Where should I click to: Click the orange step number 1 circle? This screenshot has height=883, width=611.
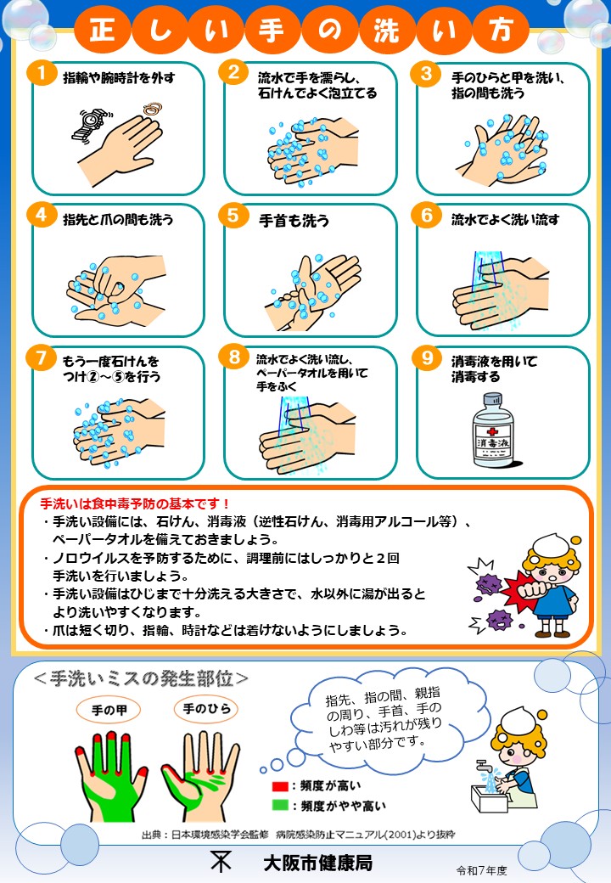pyautogui.click(x=42, y=73)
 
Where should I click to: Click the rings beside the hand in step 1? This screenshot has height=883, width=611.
pyautogui.click(x=152, y=109)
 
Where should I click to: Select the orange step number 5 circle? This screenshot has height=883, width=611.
pyautogui.click(x=233, y=216)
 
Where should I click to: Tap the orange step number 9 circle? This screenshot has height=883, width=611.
pyautogui.click(x=427, y=358)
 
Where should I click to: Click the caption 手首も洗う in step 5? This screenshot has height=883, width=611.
pyautogui.click(x=294, y=221)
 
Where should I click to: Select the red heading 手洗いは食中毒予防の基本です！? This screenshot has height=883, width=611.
pyautogui.click(x=135, y=503)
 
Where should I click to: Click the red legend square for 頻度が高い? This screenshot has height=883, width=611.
pyautogui.click(x=280, y=786)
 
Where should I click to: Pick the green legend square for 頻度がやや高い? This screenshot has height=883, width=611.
pyautogui.click(x=280, y=805)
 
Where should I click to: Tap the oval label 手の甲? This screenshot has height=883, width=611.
pyautogui.click(x=109, y=710)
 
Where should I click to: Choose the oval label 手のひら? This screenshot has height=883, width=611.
pyautogui.click(x=206, y=708)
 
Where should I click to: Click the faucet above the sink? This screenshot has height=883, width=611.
pyautogui.click(x=483, y=767)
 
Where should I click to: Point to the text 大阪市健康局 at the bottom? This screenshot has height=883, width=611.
pyautogui.click(x=318, y=863)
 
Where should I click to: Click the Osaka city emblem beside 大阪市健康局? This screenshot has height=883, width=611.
pyautogui.click(x=221, y=860)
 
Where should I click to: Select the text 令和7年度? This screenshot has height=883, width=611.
pyautogui.click(x=482, y=870)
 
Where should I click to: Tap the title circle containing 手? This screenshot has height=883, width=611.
pyautogui.click(x=272, y=28)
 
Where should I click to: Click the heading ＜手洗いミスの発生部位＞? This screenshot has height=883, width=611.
pyautogui.click(x=141, y=678)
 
